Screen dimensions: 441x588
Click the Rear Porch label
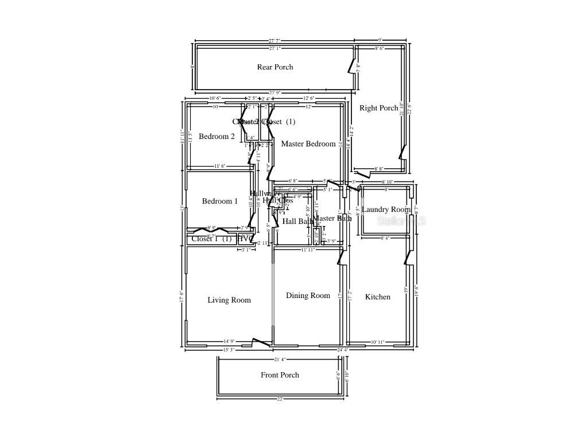275,67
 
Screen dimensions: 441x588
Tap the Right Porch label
378,108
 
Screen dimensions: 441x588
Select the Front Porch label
280,375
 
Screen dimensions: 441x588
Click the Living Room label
229,300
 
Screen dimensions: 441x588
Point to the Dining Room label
308,295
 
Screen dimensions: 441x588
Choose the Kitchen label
378,297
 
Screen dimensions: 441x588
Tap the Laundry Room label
386,210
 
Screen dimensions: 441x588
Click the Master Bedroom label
308,144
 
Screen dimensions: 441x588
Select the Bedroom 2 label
216,136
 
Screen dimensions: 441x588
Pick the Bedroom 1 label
219,201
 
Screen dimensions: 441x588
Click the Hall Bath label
297,221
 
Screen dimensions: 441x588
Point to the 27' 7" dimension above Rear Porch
275,41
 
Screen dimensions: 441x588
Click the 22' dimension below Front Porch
280,399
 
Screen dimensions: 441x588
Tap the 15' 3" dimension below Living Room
229,349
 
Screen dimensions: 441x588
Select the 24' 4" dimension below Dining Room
342,349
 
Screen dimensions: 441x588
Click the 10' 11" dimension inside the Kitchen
377,343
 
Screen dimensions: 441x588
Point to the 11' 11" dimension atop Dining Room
310,250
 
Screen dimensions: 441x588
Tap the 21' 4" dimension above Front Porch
280,359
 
